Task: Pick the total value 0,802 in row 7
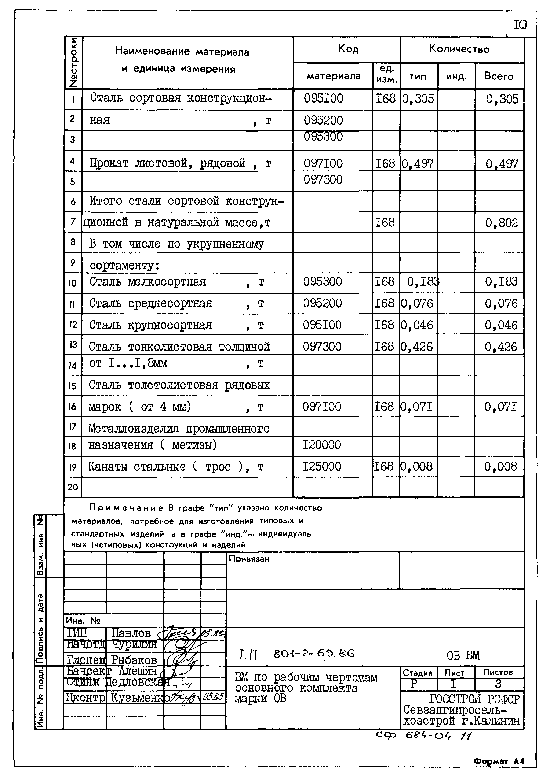pos(501,223)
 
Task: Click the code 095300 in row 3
pos(323,137)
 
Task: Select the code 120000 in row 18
pos(321,445)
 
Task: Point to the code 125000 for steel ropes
pos(322,467)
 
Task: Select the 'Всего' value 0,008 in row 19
pos(500,467)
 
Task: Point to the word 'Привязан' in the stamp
pos(249,559)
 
